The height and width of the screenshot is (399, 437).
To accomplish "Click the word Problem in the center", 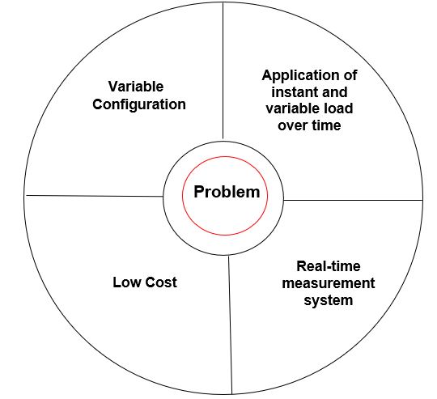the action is [x=227, y=193].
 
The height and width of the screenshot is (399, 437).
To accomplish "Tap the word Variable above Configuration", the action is [x=136, y=87].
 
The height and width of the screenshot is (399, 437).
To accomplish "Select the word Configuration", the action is [x=139, y=105].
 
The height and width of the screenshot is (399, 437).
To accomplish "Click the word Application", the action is [x=300, y=76].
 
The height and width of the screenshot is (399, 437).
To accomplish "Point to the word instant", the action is [x=290, y=92].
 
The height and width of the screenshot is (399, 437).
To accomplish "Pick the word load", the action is [x=340, y=108].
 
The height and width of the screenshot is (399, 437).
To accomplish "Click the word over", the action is [x=292, y=125].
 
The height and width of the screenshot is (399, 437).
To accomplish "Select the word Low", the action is [x=127, y=282].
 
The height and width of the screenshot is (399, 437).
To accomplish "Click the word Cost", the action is [x=161, y=282].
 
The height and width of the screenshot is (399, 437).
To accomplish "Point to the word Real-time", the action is [x=329, y=266].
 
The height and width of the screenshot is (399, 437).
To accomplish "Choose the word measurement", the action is [x=329, y=283].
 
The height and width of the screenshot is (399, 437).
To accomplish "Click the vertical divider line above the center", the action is [x=223, y=70].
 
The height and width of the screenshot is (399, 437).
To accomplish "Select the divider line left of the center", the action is [x=95, y=196].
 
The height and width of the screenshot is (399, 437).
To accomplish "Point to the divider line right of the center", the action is [x=353, y=200].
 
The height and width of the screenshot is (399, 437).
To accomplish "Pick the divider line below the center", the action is [x=230, y=325].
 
